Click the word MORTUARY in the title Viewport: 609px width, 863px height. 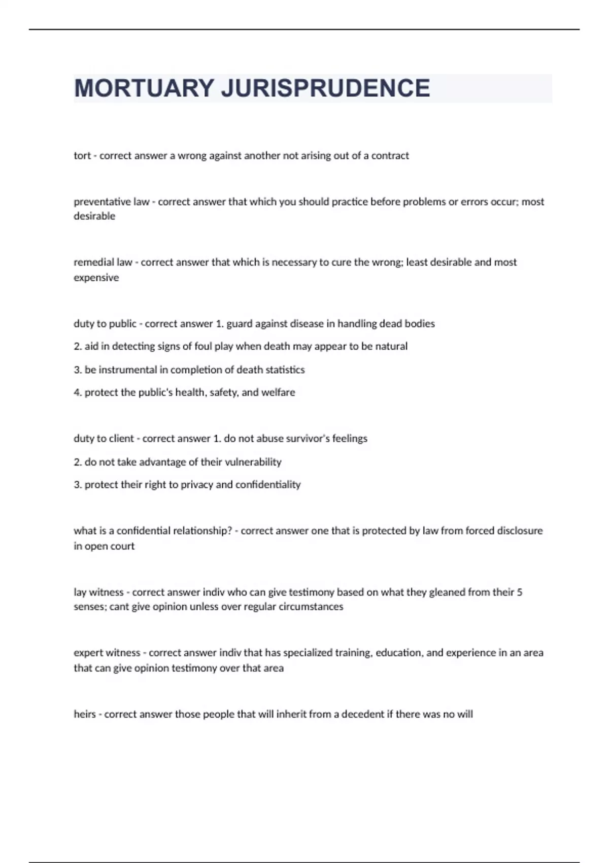(x=144, y=88)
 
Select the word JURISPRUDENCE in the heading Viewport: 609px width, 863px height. (x=325, y=88)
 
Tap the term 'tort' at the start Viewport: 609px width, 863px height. (x=82, y=155)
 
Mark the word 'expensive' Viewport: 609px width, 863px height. (x=96, y=278)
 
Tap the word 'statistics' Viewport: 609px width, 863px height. (x=285, y=370)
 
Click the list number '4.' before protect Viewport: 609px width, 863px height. (x=78, y=392)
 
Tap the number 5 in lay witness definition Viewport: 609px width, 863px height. (x=519, y=592)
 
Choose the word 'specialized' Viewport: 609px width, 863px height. (x=312, y=653)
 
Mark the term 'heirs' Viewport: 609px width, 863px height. (x=84, y=714)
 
